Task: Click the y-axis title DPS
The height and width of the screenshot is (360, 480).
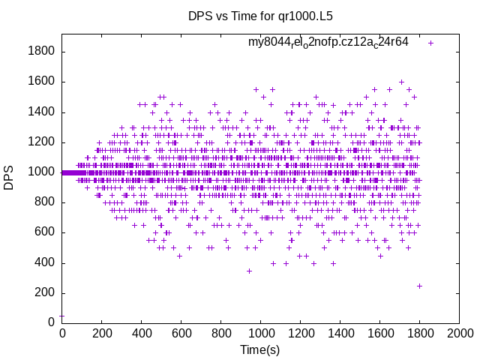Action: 9,178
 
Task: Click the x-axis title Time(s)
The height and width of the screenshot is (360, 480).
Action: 259,349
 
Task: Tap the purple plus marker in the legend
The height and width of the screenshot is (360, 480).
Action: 430,43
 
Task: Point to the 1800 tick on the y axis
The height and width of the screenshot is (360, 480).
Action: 41,51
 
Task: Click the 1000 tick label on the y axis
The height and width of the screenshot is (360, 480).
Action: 41,172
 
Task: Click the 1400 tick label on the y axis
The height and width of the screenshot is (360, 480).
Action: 41,112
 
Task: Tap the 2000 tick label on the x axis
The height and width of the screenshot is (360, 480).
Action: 459,333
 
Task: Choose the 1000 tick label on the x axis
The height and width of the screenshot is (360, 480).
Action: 260,333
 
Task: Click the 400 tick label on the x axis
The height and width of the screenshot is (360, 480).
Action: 141,333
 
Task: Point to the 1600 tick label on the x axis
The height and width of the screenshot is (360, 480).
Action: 379,333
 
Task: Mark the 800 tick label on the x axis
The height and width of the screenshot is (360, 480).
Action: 220,333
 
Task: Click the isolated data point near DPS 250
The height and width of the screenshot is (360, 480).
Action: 419,286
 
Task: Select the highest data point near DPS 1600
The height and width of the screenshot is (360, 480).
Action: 401,82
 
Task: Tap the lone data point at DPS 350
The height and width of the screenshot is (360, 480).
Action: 250,271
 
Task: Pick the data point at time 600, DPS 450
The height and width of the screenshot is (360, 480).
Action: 180,256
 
